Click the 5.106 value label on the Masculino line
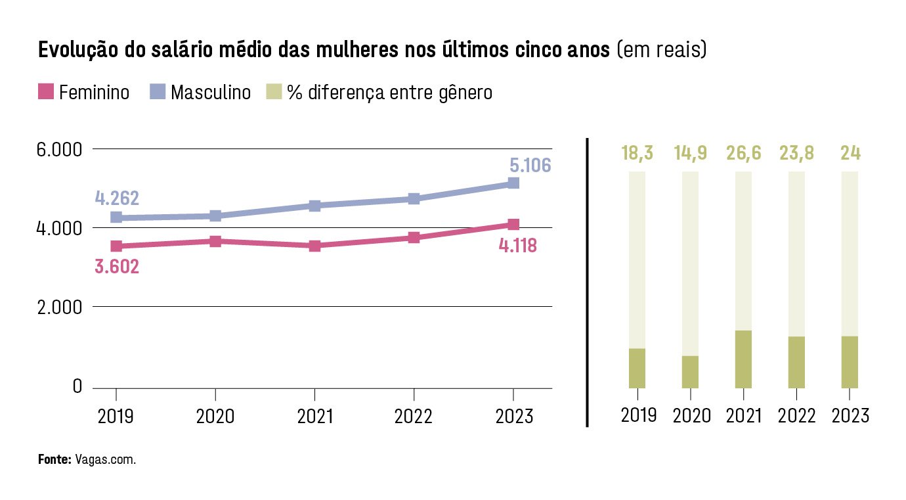530,165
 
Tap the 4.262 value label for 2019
117,198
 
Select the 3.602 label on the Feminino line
117,266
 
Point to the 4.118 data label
518,245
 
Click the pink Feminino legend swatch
46,91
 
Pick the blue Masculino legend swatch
158,91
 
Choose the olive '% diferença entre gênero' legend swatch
274,91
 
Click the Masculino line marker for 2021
314,206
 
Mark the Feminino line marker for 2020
215,242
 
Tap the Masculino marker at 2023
513,183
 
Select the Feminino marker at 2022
414,237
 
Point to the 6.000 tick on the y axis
59,150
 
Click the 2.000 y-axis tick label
60,307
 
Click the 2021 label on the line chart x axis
315,417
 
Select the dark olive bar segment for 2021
743,359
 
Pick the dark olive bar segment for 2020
690,372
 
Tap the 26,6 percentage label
743,153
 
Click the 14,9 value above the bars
690,153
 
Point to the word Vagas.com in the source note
106,459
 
